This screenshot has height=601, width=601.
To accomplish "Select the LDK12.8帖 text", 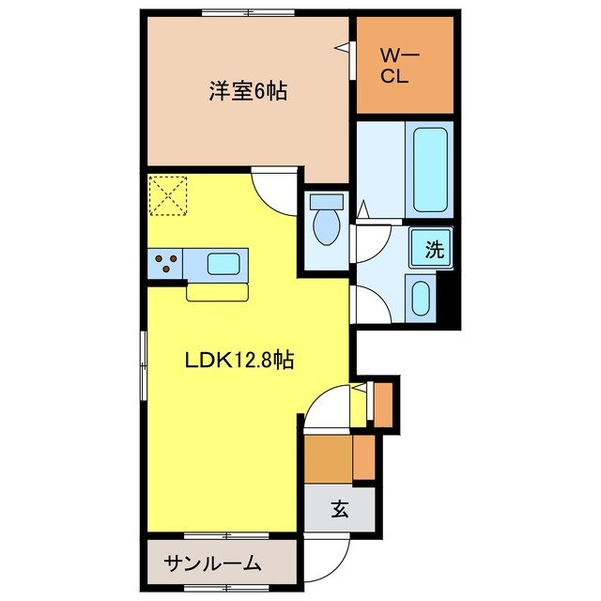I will (239, 359).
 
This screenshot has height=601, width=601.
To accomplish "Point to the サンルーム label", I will (212, 564).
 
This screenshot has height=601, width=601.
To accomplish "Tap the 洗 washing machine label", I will (433, 250).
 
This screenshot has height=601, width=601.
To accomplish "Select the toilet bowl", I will (326, 228).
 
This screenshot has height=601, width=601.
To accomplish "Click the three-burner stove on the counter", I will (165, 265).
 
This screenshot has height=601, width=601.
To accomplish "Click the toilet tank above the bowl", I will (326, 202).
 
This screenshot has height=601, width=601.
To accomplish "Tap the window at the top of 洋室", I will (236, 13).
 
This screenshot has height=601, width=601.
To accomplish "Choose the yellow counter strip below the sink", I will (217, 292).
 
